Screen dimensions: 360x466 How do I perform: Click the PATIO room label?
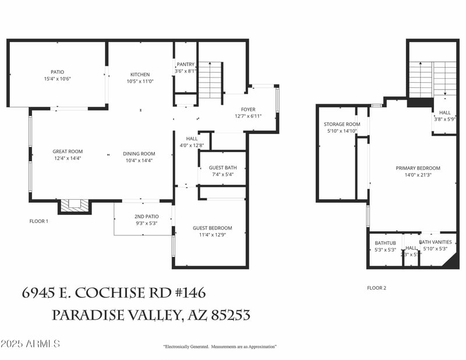(x=57, y=72)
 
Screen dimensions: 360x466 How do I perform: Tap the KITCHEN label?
(x=140, y=75)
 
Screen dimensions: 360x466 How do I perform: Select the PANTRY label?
(x=186, y=65)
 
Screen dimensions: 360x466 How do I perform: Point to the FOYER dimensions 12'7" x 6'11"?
(x=248, y=116)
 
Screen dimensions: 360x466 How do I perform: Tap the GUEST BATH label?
(x=223, y=168)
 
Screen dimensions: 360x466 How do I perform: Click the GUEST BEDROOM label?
(x=212, y=228)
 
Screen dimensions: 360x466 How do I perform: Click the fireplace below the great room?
(x=75, y=204)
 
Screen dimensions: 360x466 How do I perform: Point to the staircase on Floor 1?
(x=210, y=80)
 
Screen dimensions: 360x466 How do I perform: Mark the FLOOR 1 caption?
(x=39, y=221)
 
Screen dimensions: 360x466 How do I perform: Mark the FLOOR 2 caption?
(x=376, y=288)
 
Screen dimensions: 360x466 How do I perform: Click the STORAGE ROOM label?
(x=342, y=124)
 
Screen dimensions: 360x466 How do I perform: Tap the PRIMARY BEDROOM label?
(x=418, y=168)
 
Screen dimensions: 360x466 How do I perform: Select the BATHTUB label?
(x=385, y=243)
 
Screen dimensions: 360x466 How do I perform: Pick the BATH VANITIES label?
(x=435, y=242)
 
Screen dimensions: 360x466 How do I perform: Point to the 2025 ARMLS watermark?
(x=30, y=344)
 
